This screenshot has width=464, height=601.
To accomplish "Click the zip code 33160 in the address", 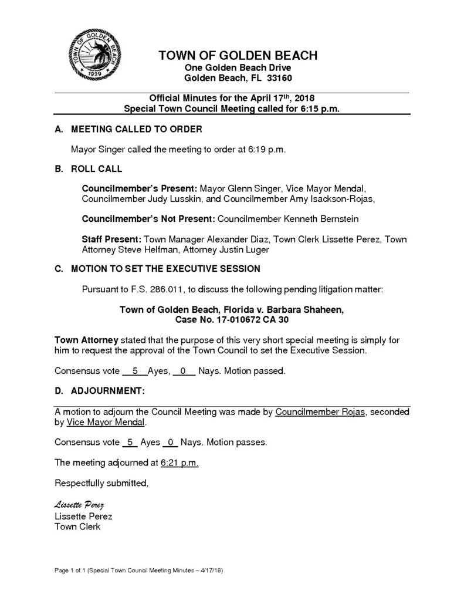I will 279,77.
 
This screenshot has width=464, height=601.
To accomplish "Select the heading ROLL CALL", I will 97,169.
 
